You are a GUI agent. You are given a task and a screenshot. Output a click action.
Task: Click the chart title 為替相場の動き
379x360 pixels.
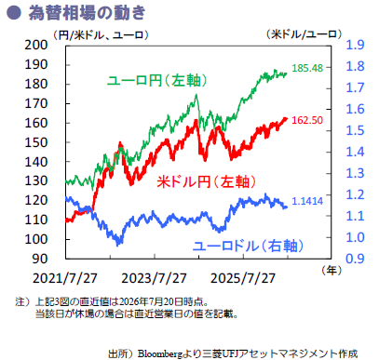87,13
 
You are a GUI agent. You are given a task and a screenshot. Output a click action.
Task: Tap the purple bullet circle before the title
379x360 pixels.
14,13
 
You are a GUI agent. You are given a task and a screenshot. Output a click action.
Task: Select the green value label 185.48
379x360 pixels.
307,68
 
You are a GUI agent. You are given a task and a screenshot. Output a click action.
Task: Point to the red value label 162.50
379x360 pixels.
307,120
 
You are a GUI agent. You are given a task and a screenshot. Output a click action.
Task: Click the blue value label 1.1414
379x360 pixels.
307,201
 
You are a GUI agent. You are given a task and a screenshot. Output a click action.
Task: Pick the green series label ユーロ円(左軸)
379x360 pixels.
156,81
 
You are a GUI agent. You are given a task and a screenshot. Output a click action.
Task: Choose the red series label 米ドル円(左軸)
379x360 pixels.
207,181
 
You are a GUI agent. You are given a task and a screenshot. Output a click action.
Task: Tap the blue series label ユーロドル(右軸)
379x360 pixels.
248,246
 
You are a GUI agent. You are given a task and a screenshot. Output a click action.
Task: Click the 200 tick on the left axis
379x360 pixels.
36,45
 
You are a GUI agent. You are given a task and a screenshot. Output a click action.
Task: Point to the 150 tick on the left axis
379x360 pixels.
36,142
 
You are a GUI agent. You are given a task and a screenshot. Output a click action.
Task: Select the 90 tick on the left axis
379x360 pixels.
40,259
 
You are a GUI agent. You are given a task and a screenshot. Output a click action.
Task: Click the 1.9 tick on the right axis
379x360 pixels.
355,45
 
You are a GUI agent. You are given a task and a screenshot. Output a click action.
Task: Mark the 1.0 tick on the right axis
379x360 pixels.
355,237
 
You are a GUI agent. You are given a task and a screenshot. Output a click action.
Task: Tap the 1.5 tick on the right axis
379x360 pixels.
355,130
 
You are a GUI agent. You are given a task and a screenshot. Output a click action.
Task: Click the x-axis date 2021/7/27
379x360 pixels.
65,278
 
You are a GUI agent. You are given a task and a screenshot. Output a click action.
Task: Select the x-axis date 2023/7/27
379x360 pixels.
154,278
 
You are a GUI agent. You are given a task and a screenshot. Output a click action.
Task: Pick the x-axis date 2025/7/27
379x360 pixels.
243,278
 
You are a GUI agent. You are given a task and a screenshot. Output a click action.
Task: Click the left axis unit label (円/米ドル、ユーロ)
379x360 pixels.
101,34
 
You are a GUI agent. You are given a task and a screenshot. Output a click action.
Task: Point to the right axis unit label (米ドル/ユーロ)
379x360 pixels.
304,34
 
